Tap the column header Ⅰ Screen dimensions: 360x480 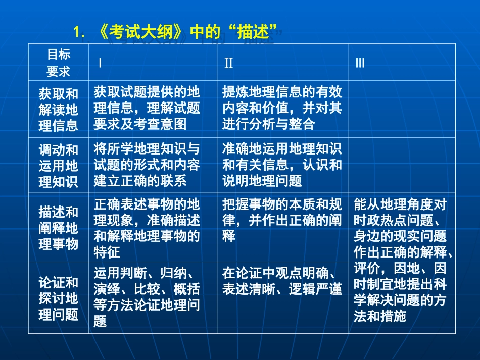tap(100, 63)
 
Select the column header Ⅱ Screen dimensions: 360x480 tap(228, 63)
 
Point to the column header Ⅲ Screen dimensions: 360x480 tap(360, 63)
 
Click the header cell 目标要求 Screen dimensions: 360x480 tap(59, 63)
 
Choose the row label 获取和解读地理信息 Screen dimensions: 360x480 tap(59, 109)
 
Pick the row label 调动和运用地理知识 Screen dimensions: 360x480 tap(59, 166)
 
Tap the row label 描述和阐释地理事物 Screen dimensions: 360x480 tap(59, 228)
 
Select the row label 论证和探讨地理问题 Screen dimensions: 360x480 tap(59, 298)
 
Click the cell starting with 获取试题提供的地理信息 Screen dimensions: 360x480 tap(147, 108)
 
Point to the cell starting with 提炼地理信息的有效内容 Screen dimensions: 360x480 tap(282, 108)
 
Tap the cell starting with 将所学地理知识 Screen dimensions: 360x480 tap(147, 165)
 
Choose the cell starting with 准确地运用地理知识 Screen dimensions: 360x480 tap(282, 165)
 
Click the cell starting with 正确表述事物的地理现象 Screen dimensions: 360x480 tap(147, 228)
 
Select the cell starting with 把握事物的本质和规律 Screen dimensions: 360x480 tap(282, 220)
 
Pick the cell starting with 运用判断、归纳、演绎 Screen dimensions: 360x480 tap(147, 297)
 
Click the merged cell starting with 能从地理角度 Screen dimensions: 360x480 tap(402, 260)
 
